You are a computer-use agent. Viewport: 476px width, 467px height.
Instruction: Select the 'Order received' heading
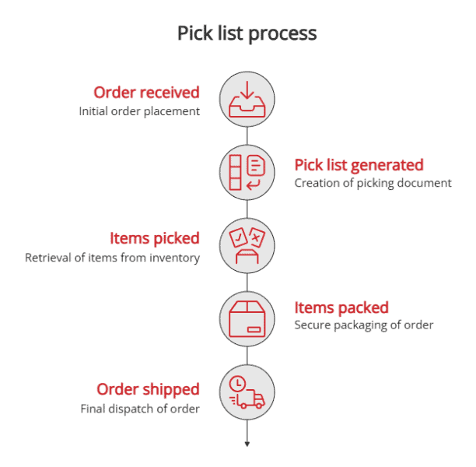coord(146,92)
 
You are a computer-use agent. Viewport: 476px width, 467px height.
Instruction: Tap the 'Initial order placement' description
coord(139,111)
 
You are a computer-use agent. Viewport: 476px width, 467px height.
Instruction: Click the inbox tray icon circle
coord(247,98)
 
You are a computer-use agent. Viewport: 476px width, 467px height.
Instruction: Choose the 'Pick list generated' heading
coord(359,164)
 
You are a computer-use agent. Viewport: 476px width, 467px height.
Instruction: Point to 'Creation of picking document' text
coord(373,184)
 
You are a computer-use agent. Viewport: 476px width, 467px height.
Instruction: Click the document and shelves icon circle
coord(247,171)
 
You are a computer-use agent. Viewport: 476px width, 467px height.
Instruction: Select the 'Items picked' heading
coord(154,238)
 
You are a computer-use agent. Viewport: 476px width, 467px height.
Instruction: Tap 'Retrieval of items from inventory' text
coord(112,258)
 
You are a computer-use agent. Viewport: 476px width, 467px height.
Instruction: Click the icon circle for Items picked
coord(247,244)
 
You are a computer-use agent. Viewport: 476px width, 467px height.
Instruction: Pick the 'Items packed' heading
coord(341,307)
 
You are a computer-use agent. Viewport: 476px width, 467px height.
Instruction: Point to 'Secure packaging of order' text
coord(363,325)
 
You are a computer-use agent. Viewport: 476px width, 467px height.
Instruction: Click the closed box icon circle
coord(247,318)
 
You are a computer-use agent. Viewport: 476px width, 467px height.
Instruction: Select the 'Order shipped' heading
coord(148,388)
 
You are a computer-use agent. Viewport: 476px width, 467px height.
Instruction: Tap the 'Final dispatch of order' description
coord(140,409)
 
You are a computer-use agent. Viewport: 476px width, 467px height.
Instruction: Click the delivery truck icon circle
coord(247,392)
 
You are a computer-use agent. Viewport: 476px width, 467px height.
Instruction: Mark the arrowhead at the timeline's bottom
coord(247,444)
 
